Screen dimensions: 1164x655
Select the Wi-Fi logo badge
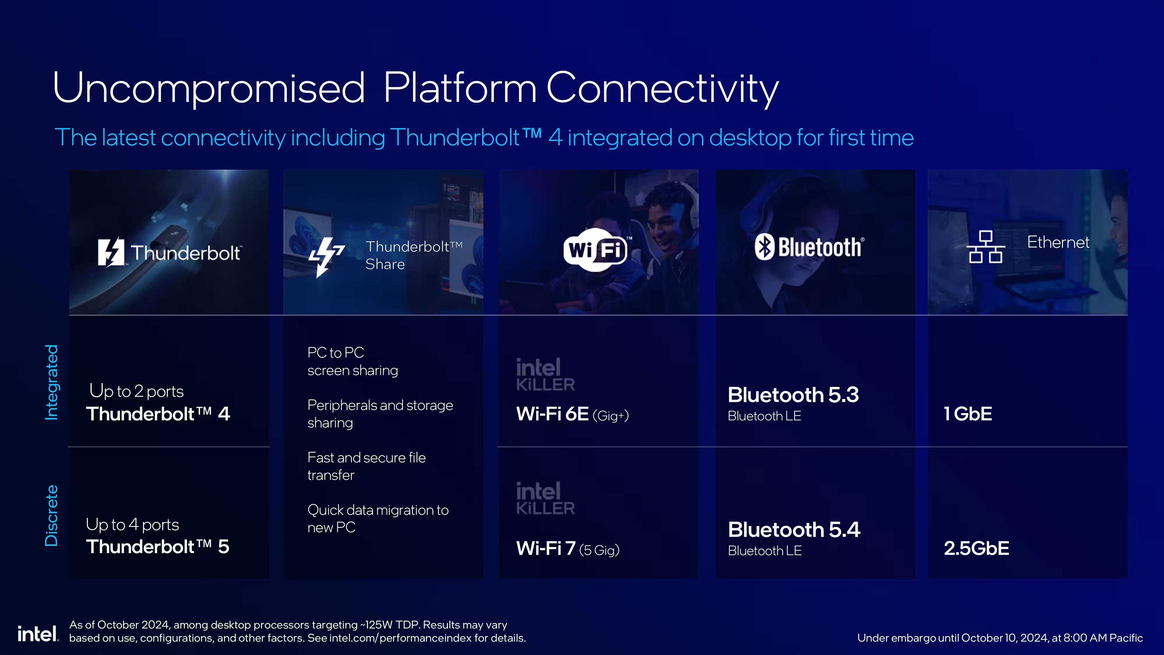(597, 249)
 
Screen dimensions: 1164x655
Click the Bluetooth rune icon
(764, 247)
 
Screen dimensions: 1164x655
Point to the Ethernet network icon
(986, 247)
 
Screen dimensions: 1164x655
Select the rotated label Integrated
(52, 383)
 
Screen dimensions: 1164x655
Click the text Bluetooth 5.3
(793, 395)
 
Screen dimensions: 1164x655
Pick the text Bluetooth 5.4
(794, 529)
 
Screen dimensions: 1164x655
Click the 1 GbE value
(968, 414)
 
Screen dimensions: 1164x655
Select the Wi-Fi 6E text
(552, 414)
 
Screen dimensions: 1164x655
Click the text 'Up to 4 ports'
(132, 524)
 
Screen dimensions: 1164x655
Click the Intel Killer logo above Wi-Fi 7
(545, 498)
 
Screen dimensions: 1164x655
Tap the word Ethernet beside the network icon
(1058, 242)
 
